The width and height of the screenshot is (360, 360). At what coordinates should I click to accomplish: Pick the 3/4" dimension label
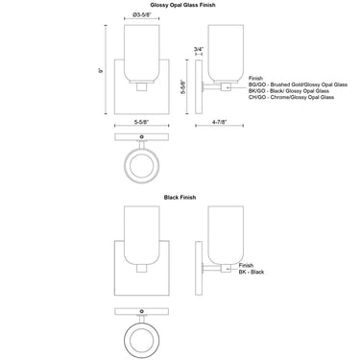[198, 48]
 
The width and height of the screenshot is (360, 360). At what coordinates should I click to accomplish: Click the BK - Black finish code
[252, 272]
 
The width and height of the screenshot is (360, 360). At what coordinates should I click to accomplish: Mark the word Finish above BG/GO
[254, 78]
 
